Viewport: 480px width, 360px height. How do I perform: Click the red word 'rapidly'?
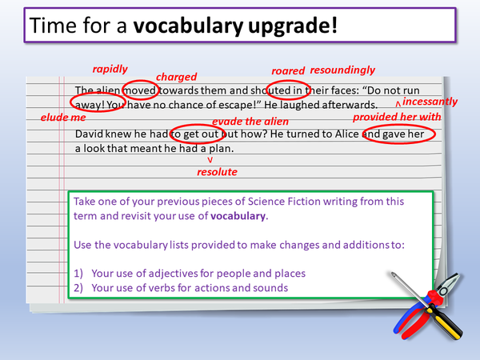coord(110,69)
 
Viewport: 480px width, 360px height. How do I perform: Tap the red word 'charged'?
coord(177,77)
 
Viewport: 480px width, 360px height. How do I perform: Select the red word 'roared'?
coord(288,70)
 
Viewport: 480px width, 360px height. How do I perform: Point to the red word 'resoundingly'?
coord(342,70)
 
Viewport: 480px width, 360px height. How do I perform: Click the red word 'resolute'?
coord(217,171)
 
